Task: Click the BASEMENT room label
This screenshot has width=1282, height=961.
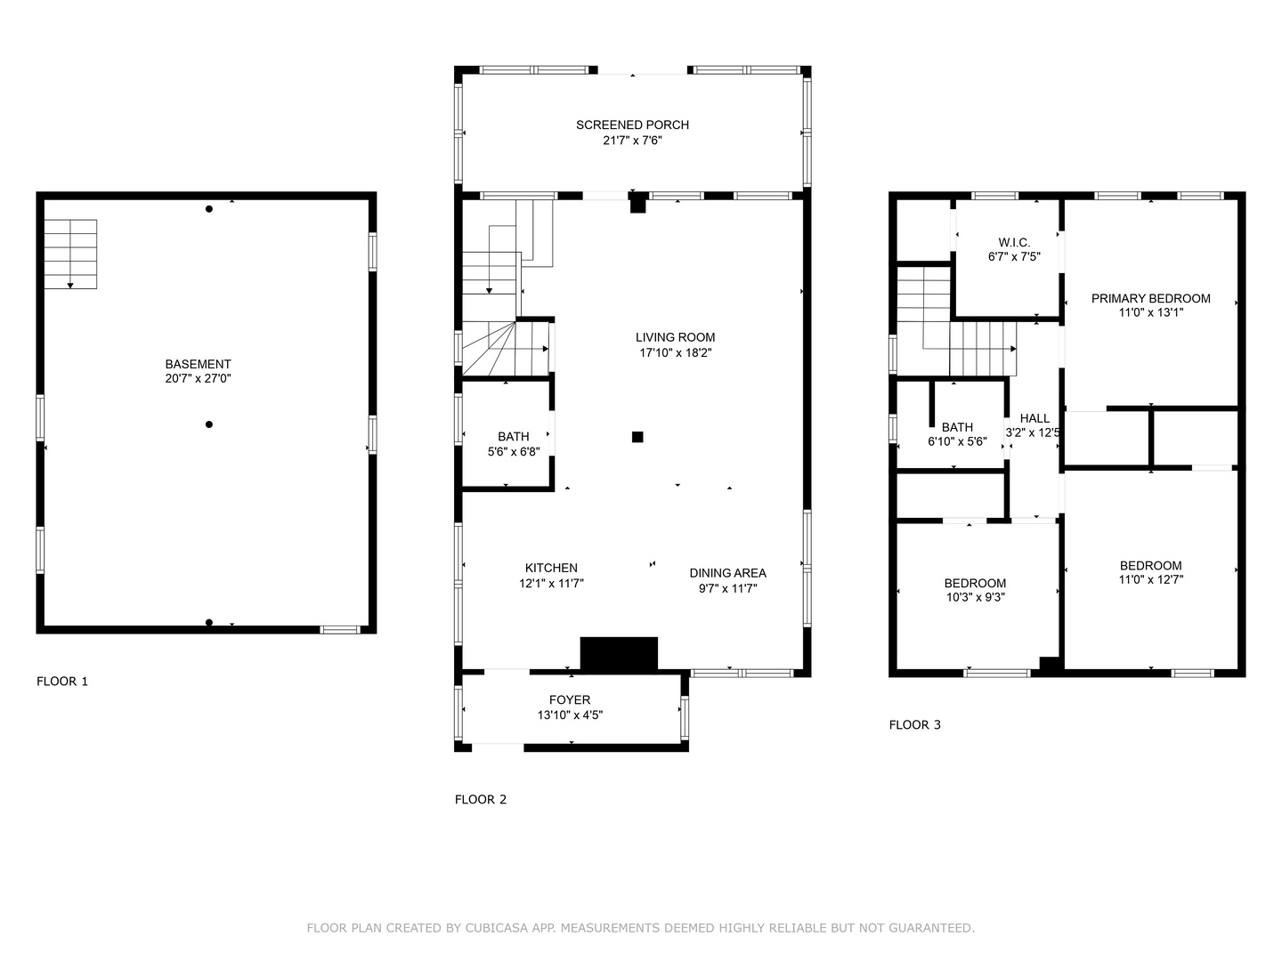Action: point(198,364)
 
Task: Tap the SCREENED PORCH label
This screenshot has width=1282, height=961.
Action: point(632,125)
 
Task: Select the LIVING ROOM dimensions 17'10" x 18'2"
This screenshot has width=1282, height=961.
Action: point(675,352)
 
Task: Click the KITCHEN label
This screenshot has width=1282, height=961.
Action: point(551,568)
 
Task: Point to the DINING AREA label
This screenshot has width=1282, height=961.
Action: point(727,573)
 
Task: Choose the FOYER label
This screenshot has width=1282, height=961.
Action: point(570,699)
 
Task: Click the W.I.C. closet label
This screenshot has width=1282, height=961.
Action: point(1015,242)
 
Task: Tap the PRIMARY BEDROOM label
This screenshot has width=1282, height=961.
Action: point(1150,298)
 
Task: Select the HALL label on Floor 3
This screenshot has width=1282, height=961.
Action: point(1035,418)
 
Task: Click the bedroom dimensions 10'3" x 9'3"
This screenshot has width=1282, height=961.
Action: point(976,597)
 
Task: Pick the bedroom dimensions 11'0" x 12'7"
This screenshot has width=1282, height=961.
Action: point(1150,579)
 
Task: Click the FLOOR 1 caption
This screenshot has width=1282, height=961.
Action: point(62,681)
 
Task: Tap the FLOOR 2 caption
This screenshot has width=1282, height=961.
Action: point(481,799)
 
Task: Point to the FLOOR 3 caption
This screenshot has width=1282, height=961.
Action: point(914,724)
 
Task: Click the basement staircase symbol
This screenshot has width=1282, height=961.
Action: point(70,254)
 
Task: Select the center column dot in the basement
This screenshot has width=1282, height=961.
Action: point(209,424)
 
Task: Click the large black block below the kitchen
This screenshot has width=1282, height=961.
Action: point(619,653)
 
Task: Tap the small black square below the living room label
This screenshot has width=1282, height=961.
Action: point(637,436)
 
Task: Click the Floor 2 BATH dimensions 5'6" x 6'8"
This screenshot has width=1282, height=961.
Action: point(514,451)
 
